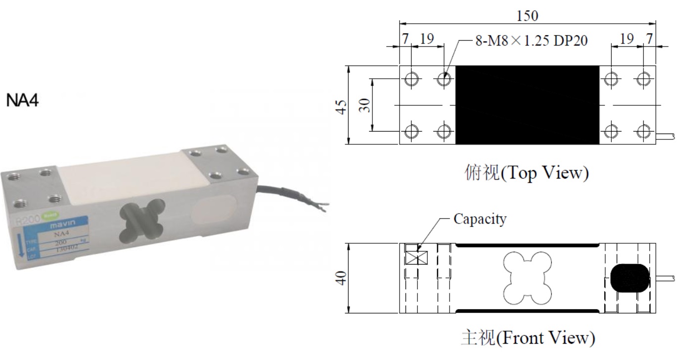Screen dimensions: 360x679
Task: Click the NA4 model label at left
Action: coord(22,101)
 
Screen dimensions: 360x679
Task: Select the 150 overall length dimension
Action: coord(527,15)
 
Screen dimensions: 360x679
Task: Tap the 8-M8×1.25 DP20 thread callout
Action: coord(531,41)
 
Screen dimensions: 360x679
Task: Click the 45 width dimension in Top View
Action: coord(340,105)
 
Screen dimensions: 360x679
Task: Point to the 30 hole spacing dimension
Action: coord(364,105)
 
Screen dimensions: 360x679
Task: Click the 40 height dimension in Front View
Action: coord(340,278)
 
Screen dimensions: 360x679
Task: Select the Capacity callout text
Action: coord(480,219)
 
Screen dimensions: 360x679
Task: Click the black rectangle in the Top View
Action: coord(527,105)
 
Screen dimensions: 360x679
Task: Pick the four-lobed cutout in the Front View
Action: coord(527,279)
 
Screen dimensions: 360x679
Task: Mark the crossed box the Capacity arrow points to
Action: coord(411,257)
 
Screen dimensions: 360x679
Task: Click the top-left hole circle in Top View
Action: coord(412,79)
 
